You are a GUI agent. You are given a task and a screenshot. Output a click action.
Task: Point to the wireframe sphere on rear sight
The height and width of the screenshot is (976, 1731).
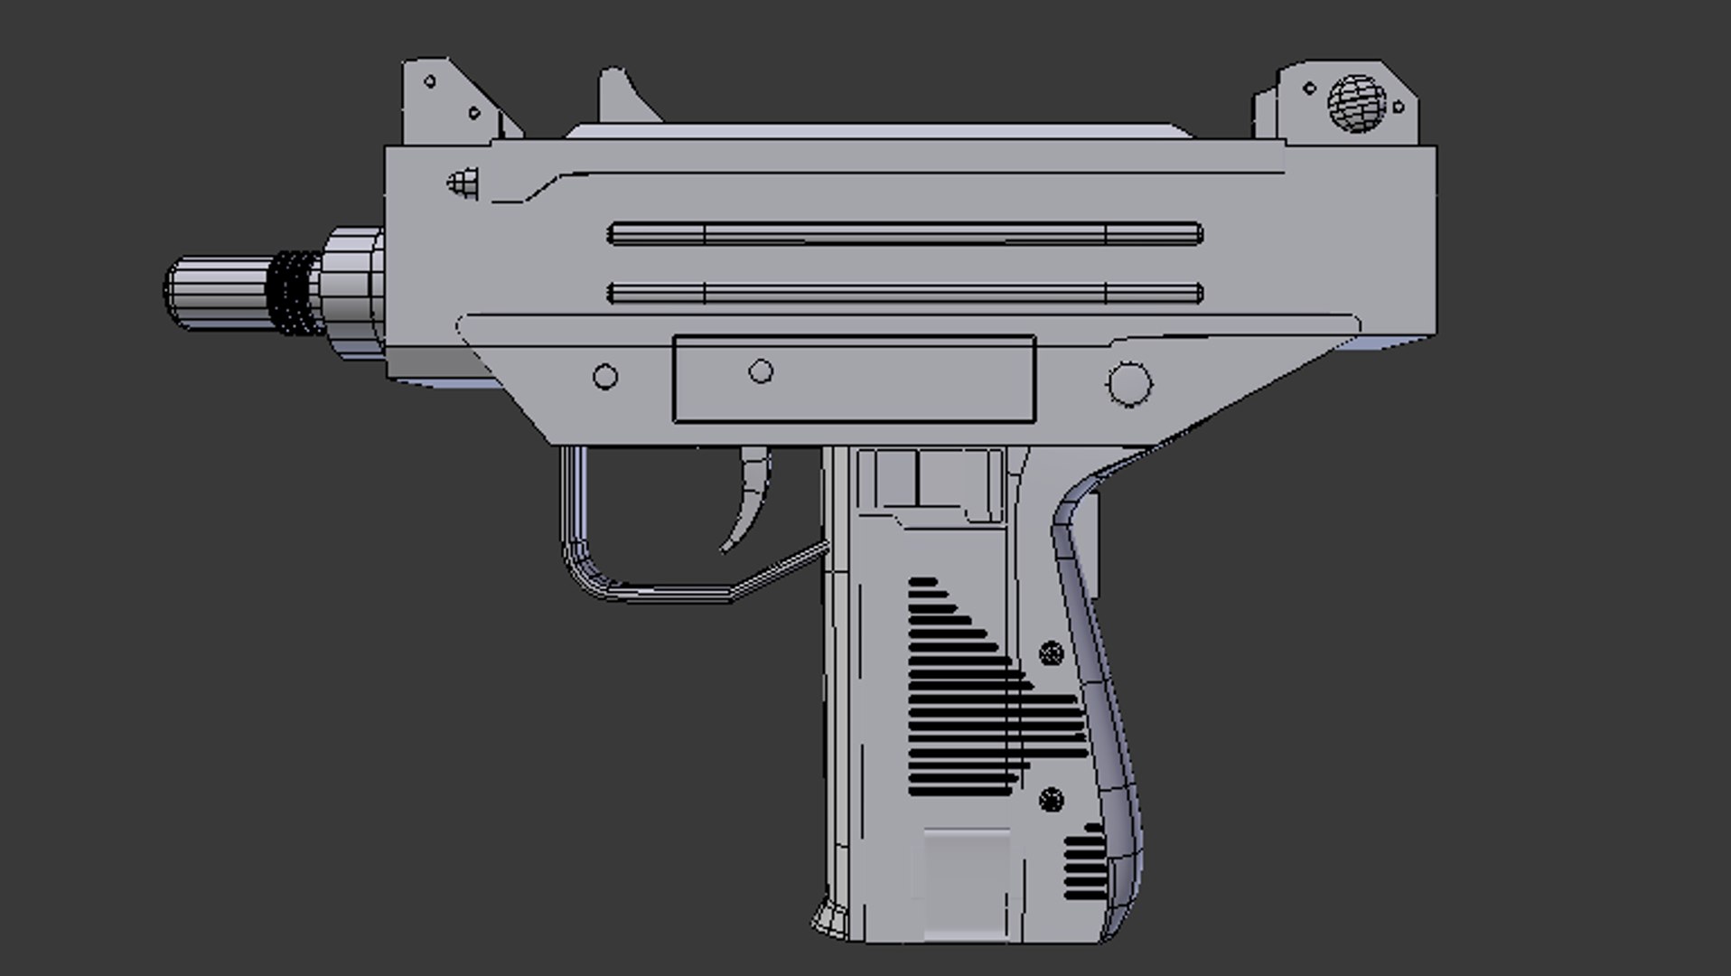(x=1356, y=103)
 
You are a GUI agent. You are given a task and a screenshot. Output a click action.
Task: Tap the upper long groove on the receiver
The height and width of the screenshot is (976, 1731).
(x=903, y=234)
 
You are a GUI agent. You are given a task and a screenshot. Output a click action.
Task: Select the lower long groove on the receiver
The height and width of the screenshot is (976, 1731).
(x=903, y=293)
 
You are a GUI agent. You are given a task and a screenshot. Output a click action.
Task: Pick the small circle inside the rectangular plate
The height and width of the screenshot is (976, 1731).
(x=761, y=371)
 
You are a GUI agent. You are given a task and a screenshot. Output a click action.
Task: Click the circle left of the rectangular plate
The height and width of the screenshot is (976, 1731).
(x=605, y=377)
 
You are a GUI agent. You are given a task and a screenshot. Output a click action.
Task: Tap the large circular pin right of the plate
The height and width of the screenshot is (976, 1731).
(x=1129, y=382)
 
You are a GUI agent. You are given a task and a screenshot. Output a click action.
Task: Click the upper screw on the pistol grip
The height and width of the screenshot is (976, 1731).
(x=1051, y=652)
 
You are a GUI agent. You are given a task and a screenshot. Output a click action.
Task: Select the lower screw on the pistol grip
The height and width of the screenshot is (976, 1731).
(x=1051, y=800)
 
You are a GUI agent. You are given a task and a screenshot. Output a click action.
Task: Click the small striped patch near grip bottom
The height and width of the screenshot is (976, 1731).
(x=1084, y=866)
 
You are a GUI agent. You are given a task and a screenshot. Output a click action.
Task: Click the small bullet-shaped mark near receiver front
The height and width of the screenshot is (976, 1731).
(x=463, y=184)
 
